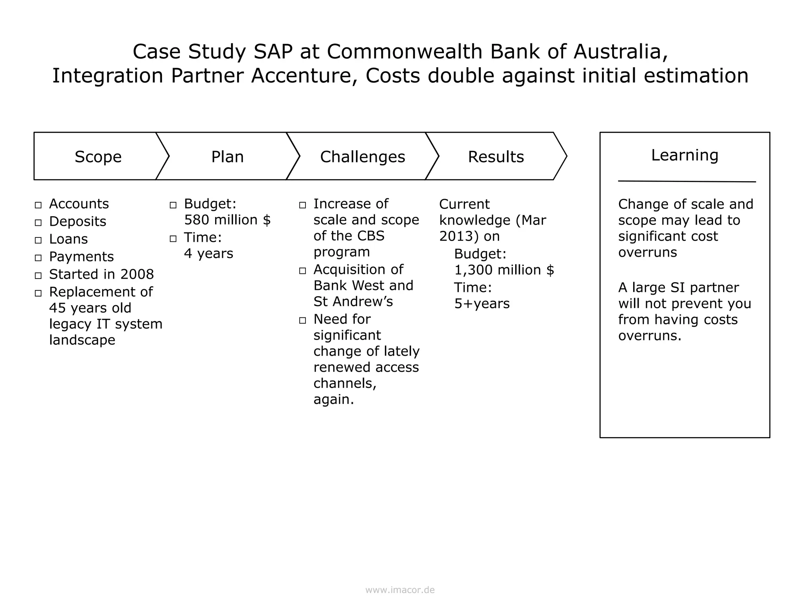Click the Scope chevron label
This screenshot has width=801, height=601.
98,157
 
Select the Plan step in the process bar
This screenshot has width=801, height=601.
227,157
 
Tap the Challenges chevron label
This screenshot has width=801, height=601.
363,157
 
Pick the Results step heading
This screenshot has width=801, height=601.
496,157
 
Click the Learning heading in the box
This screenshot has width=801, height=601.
684,155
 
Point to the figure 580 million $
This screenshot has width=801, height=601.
227,220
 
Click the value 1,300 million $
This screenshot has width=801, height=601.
504,270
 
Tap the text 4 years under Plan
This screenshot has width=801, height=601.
208,254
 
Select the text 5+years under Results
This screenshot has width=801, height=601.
482,304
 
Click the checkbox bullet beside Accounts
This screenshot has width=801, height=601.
38,205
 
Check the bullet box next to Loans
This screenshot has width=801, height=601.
38,240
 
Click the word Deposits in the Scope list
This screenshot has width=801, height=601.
77,221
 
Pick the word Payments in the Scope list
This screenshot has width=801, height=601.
81,257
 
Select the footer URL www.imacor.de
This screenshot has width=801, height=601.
400,590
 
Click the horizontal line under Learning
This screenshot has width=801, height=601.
686,182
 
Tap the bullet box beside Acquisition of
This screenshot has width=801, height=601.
302,271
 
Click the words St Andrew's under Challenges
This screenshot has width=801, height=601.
353,302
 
